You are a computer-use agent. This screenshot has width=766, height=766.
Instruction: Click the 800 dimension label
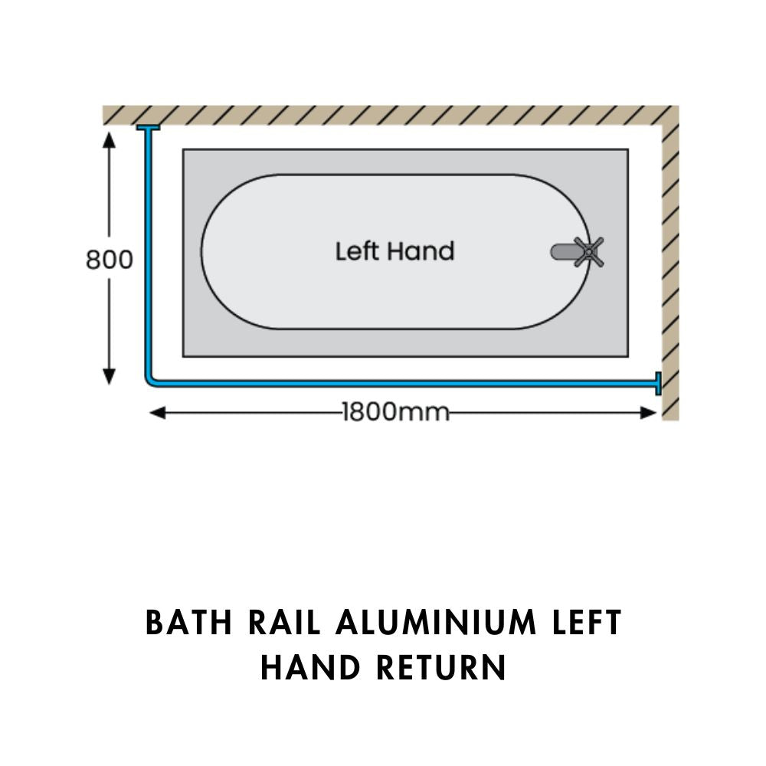click(x=109, y=260)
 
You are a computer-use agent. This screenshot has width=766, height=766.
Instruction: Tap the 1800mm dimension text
click(x=395, y=412)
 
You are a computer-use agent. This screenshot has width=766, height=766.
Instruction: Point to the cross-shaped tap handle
click(x=589, y=252)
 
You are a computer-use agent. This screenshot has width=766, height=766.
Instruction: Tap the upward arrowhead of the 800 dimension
click(x=109, y=139)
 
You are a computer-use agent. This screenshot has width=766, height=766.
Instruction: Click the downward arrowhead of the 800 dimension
click(x=109, y=376)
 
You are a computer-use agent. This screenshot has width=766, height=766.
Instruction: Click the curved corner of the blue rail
click(x=149, y=381)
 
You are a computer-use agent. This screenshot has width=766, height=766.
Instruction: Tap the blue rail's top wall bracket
click(x=148, y=127)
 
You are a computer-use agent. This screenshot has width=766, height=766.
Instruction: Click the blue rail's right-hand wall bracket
click(x=657, y=383)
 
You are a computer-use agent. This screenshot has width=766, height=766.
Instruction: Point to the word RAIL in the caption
click(x=284, y=624)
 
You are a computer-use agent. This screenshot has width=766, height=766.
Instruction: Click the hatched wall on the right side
click(x=669, y=268)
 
